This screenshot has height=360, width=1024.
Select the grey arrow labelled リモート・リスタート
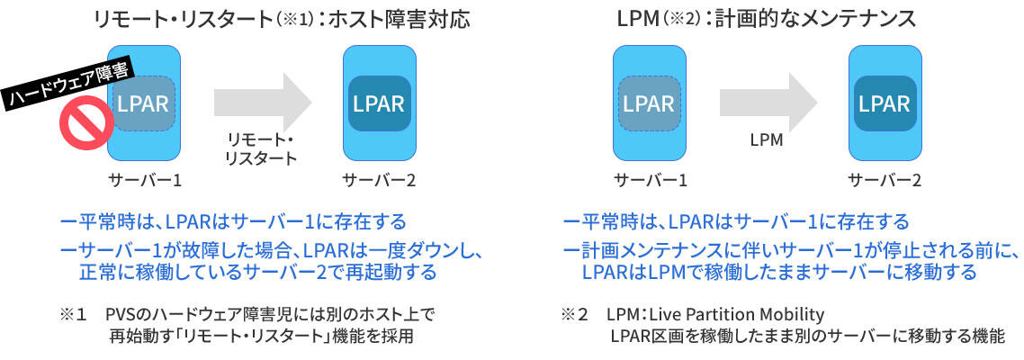coord(260,102)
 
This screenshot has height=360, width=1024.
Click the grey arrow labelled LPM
coord(766,102)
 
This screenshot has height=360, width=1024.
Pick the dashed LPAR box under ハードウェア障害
coord(142,103)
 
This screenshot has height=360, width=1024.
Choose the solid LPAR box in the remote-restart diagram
coord(379,103)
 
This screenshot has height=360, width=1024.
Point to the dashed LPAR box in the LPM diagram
coord(649,103)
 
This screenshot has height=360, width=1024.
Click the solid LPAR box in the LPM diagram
coord(885,103)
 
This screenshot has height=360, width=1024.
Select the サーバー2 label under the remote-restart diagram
coord(379,180)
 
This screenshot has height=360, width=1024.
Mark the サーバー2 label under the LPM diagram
coord(885,180)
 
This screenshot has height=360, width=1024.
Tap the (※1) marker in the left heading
coord(305,20)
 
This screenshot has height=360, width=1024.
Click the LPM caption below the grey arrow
coord(767,141)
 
